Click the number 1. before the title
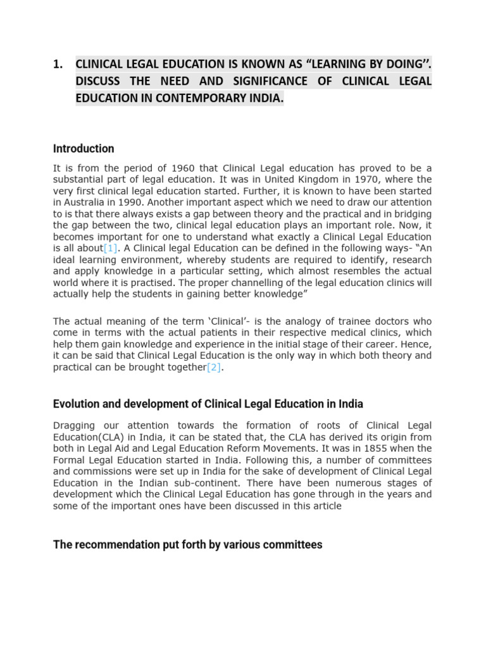[x=58, y=64]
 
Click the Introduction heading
[x=84, y=149]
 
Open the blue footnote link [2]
[x=215, y=367]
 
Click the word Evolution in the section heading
[x=76, y=404]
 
